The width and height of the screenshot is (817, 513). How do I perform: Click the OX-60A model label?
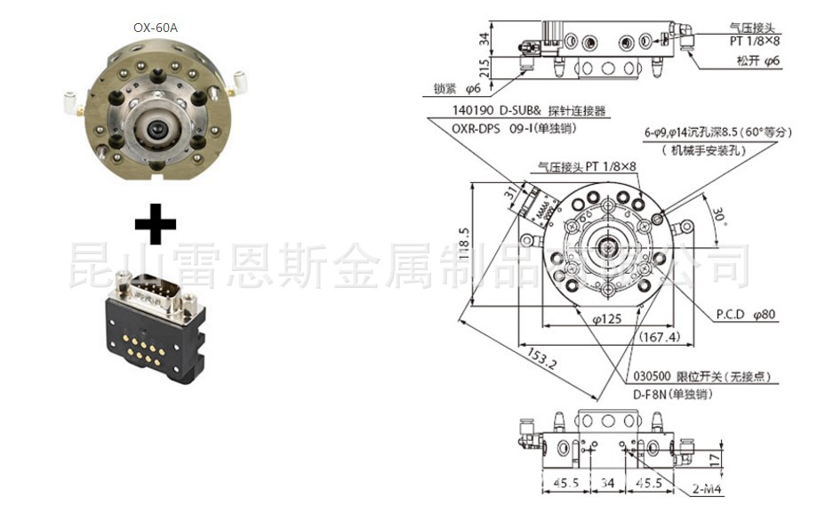(156, 27)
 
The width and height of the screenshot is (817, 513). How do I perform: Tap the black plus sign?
(156, 222)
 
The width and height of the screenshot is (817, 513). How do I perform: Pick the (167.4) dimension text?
(659, 337)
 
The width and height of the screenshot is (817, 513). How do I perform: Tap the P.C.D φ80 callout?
(747, 313)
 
